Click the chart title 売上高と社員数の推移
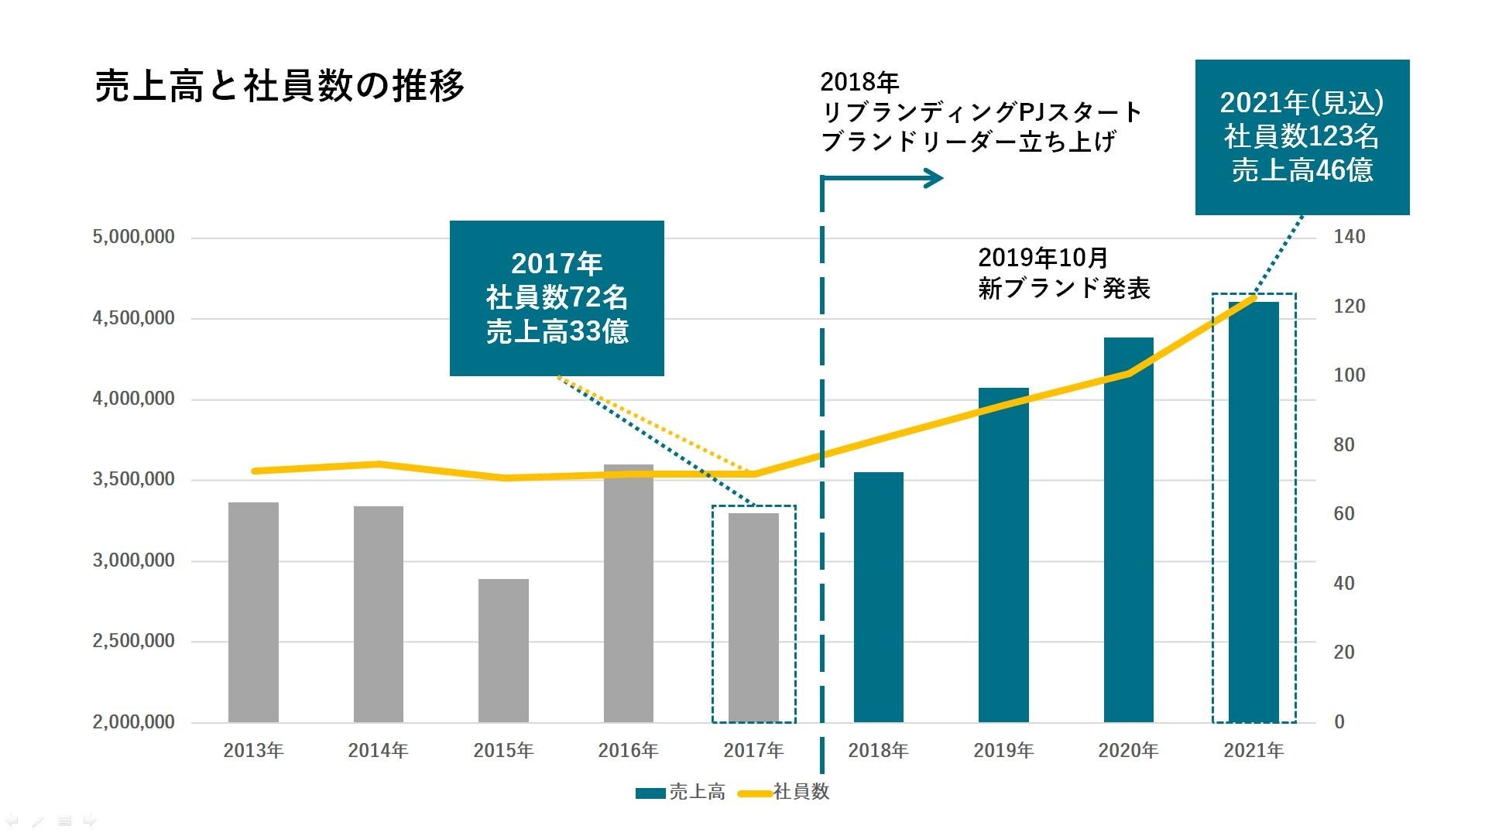[279, 86]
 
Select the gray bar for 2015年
[503, 650]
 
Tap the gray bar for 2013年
[253, 612]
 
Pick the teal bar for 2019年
[1003, 554]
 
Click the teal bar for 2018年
[878, 596]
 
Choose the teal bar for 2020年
[1128, 529]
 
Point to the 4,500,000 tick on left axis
[134, 318]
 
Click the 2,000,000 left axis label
[134, 722]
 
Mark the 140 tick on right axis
[1349, 237]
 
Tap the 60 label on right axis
[1344, 514]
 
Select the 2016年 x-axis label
[628, 750]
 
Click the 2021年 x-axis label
[1254, 750]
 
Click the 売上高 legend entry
[681, 792]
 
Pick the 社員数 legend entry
[785, 792]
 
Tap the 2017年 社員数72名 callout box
[557, 298]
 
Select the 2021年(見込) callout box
[1302, 137]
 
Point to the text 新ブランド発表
[1064, 289]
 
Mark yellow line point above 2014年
[378, 464]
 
